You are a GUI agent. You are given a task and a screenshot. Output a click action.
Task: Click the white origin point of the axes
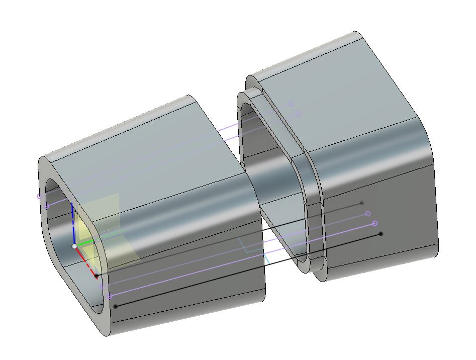click(x=75, y=246)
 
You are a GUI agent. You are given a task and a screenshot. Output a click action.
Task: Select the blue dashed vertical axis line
click(x=73, y=224)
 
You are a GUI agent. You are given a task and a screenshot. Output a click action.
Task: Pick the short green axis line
click(x=86, y=242)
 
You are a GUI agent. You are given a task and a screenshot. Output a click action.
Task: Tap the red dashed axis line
click(x=86, y=261)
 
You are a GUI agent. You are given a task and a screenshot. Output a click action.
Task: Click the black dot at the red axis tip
click(x=97, y=276)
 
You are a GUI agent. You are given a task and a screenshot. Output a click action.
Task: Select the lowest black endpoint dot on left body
click(x=116, y=306)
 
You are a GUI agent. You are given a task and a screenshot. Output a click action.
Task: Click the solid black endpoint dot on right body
click(x=381, y=234)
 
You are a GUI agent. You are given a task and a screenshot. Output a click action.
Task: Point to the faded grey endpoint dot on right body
click(x=362, y=203)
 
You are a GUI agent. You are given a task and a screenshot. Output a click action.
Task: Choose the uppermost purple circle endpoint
click(x=291, y=104)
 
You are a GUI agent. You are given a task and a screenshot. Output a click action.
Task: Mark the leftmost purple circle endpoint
click(x=39, y=197)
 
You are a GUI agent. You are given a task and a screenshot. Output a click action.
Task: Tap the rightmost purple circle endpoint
click(x=375, y=223)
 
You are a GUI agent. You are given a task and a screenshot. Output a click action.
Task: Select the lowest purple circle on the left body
click(x=110, y=297)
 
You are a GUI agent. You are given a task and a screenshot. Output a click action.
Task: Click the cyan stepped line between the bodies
click(x=254, y=250)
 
